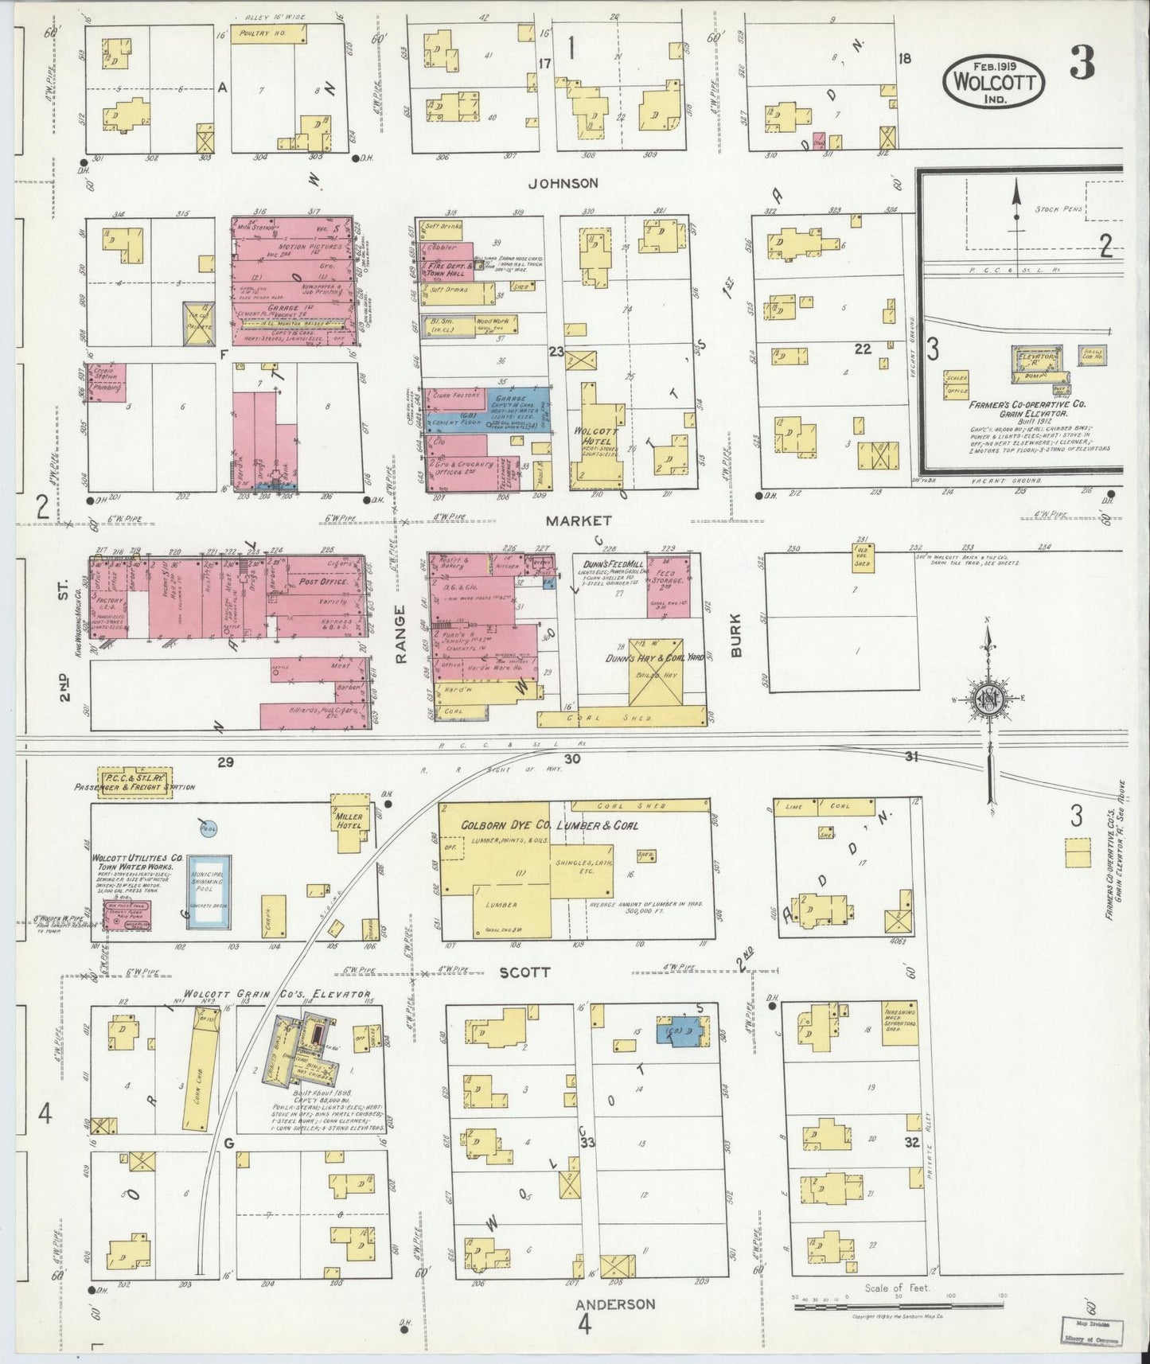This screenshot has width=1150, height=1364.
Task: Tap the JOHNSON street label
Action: [x=563, y=183]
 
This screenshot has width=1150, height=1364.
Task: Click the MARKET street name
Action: [x=579, y=520]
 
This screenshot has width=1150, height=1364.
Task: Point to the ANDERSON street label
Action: [x=616, y=1304]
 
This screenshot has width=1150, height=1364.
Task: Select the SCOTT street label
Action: [x=524, y=972]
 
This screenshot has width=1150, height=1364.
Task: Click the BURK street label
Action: [x=735, y=634]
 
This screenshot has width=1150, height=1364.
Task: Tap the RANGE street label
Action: [x=400, y=633]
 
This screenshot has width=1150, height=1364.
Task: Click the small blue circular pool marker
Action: [x=209, y=828]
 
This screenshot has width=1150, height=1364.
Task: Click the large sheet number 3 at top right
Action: [x=1082, y=62]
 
